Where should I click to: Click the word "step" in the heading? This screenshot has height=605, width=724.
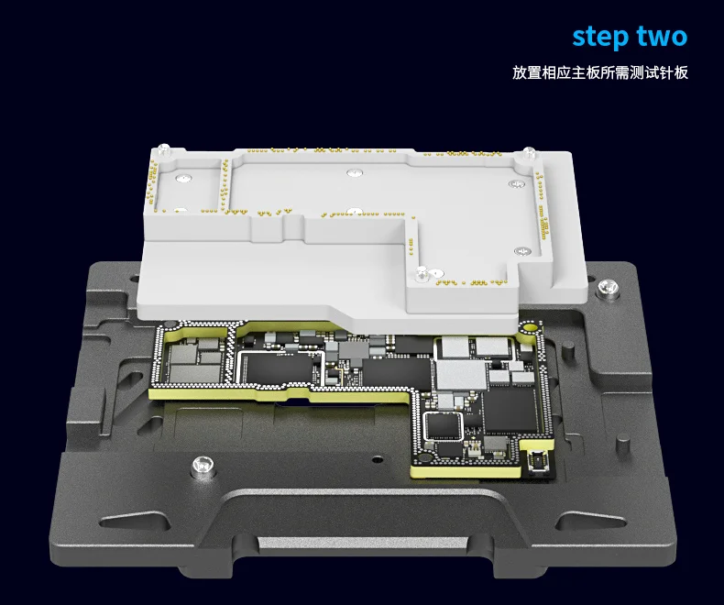click(599, 37)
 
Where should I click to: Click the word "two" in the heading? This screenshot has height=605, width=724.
click(662, 36)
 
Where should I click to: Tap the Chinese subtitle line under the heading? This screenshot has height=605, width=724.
click(599, 72)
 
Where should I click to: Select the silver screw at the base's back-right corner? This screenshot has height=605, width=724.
click(609, 287)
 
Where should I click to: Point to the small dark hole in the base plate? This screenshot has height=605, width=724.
click(378, 459)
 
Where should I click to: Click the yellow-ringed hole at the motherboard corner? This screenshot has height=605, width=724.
click(530, 328)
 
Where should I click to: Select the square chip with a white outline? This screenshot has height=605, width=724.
click(444, 426)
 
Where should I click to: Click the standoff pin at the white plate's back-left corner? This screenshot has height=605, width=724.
click(164, 149)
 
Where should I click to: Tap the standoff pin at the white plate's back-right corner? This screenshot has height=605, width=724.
click(529, 152)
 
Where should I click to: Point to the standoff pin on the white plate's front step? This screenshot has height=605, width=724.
click(421, 272)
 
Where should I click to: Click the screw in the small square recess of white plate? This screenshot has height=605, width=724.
click(183, 177)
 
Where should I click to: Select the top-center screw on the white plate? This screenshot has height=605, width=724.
click(355, 172)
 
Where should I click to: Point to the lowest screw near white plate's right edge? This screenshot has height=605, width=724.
click(522, 252)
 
